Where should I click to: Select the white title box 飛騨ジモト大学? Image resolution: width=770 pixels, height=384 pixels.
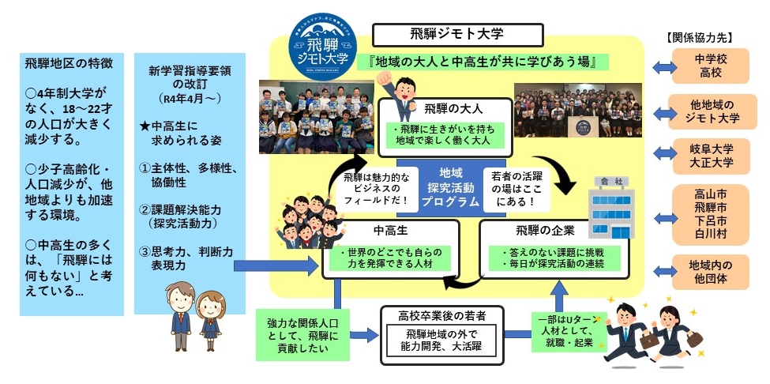coord(457,34)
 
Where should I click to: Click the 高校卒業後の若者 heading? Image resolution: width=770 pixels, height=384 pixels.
coord(442,315)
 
